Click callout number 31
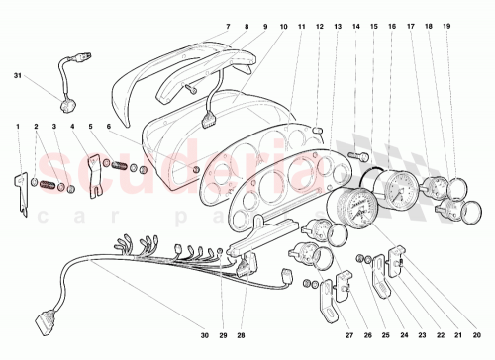17,76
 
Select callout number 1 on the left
17,127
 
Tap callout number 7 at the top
227,25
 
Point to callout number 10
285,25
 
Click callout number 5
92,127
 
